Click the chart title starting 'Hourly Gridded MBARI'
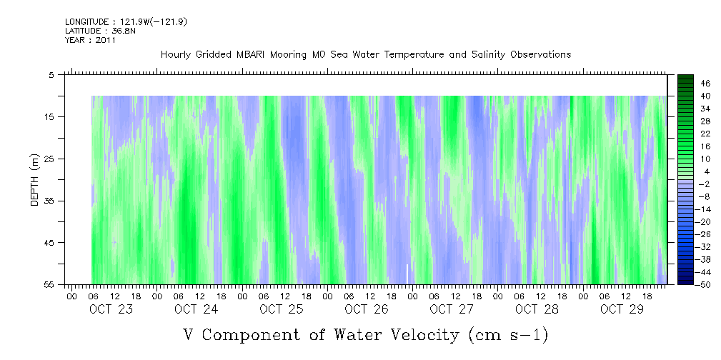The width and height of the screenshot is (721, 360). click(365, 55)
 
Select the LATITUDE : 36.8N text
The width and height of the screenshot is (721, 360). click(91, 31)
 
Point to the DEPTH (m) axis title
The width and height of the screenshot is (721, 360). click(34, 179)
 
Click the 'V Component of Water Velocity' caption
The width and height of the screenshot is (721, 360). click(365, 334)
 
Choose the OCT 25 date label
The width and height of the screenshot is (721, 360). click(282, 309)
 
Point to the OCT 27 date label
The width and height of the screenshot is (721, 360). click(452, 309)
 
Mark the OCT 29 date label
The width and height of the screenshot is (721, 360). click(621, 309)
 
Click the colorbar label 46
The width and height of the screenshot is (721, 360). click(705, 83)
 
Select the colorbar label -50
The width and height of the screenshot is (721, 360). click(703, 285)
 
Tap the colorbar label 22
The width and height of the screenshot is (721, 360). click(705, 134)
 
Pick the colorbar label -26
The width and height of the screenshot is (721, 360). click(703, 234)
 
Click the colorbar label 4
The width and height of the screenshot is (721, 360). click(707, 171)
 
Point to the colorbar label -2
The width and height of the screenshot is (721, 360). click(705, 184)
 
